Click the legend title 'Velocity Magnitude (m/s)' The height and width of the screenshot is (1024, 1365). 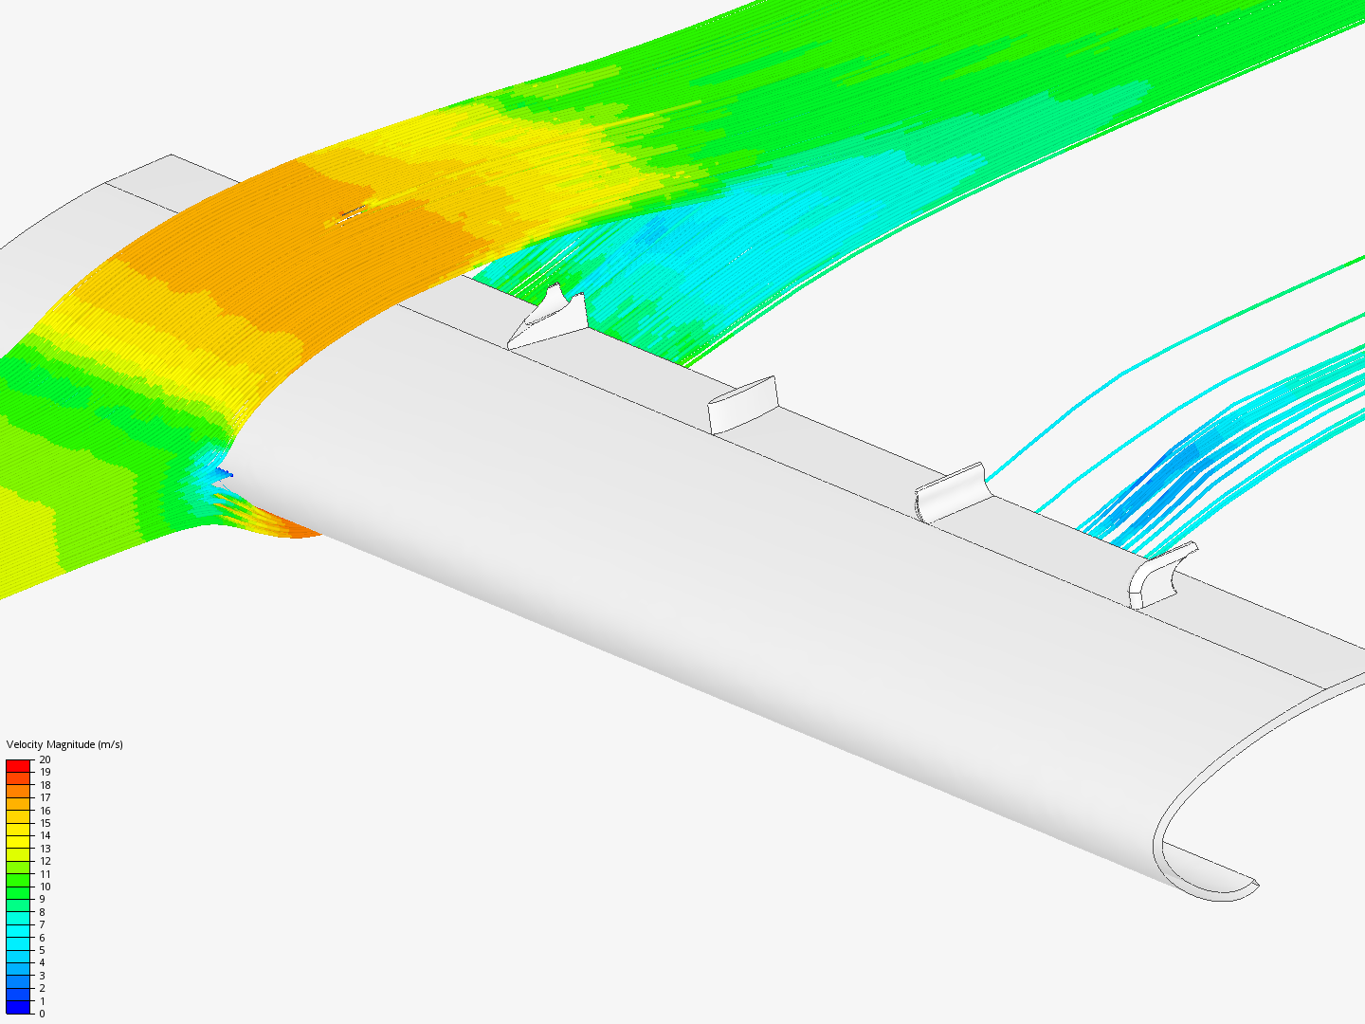(x=64, y=744)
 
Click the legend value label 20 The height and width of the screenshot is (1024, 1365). (x=45, y=759)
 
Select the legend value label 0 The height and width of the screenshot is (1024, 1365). (x=42, y=1014)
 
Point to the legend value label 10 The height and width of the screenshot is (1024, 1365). (x=45, y=887)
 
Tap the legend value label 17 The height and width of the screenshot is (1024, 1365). (x=45, y=797)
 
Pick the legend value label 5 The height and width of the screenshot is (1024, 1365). (x=42, y=950)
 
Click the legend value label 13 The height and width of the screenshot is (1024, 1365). (x=45, y=849)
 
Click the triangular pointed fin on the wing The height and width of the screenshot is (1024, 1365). (x=550, y=317)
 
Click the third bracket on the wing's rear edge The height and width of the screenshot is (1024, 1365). (x=951, y=491)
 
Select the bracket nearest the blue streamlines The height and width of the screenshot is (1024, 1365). (x=1160, y=575)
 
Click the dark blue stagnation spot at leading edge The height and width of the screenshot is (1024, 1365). (x=222, y=471)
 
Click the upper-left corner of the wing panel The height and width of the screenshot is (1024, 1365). (x=172, y=155)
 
